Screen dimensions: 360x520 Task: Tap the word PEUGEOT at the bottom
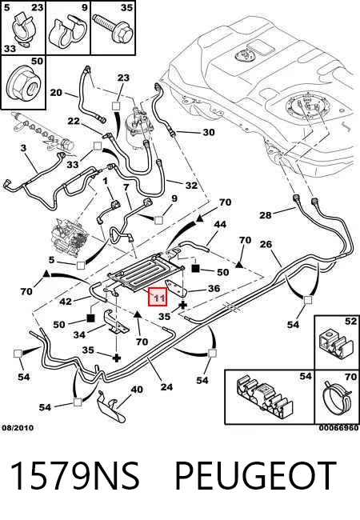tap(255, 475)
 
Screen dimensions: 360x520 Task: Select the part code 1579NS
tap(75, 475)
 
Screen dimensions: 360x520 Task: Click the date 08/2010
tap(18, 428)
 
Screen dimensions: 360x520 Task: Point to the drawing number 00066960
tap(338, 428)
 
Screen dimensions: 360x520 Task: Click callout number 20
tap(56, 92)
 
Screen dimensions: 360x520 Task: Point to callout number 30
tap(209, 132)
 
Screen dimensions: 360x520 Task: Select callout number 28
tap(265, 215)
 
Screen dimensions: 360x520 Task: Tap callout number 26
tap(266, 245)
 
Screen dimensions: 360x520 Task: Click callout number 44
tap(220, 225)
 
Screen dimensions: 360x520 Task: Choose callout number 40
tap(137, 390)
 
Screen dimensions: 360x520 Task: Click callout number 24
tap(166, 387)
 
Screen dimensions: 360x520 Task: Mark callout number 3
tap(23, 147)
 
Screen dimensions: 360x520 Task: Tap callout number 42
tap(66, 302)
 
